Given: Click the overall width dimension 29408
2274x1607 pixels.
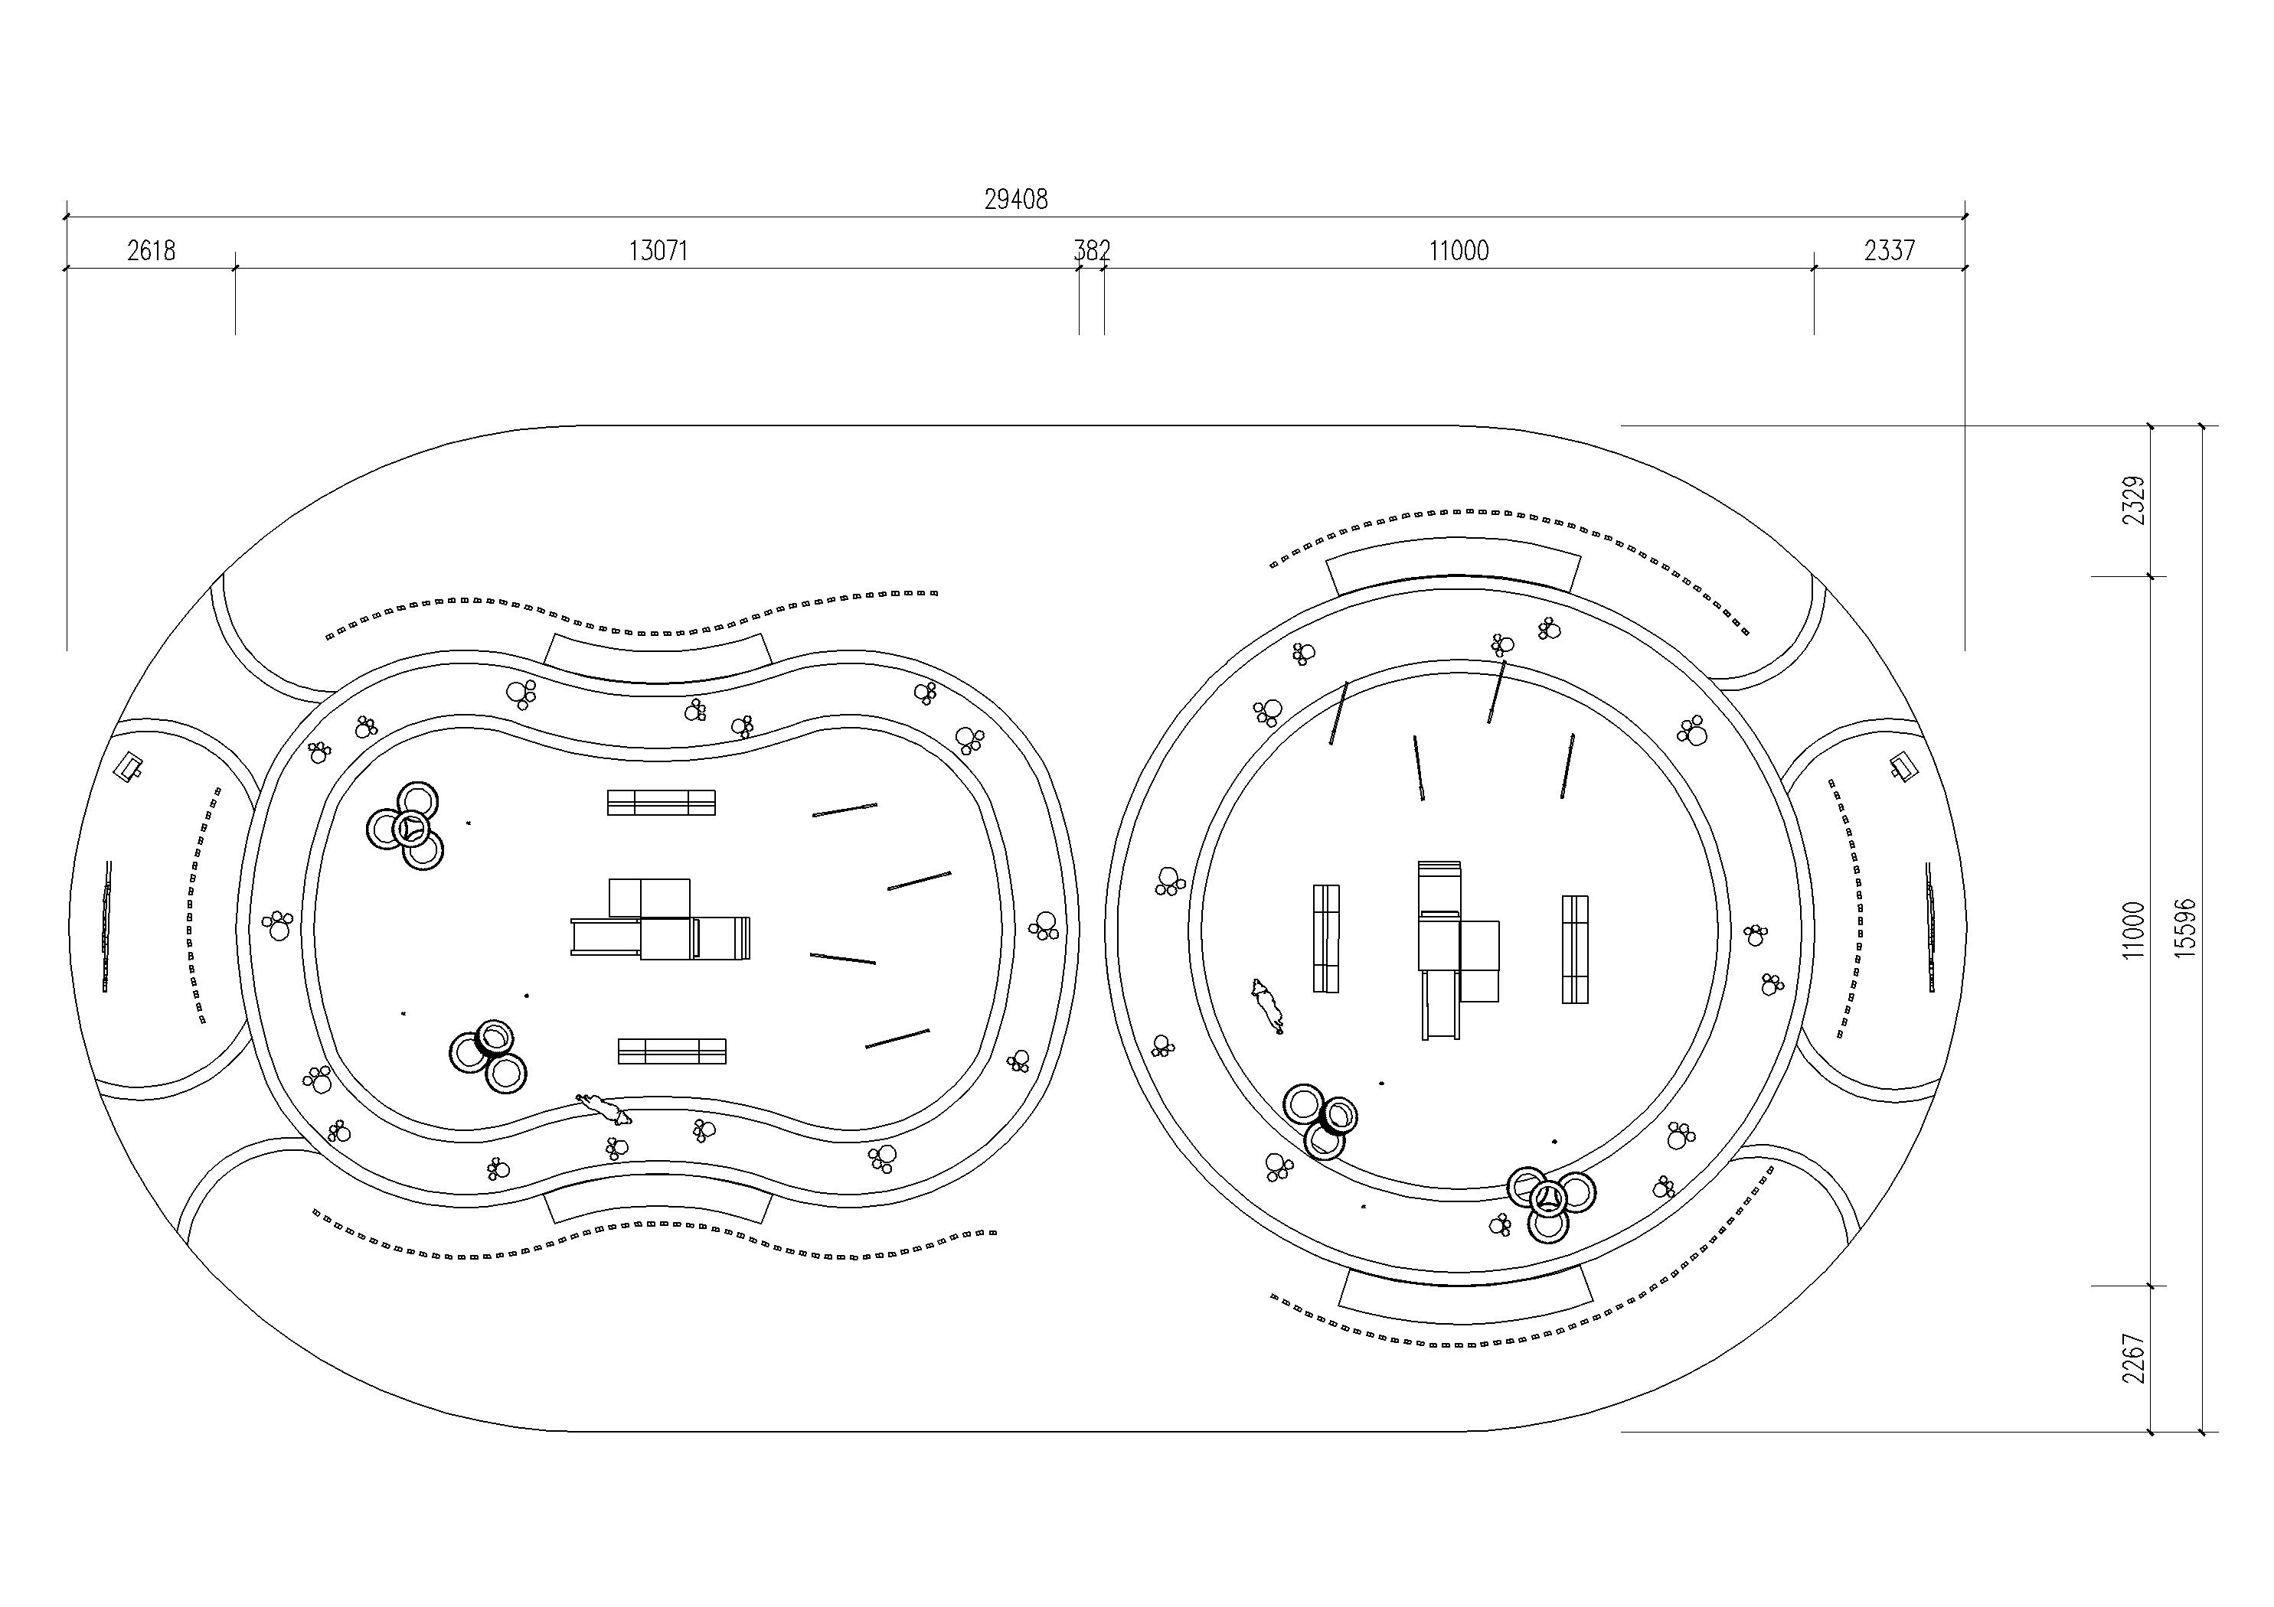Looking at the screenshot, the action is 1015,199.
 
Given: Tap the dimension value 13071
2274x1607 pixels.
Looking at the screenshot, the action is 658,250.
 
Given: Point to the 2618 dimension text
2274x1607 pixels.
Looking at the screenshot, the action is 152,250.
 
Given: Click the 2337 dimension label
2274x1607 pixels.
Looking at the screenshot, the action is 1890,250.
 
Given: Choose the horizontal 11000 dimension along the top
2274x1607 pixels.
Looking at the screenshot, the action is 1458,250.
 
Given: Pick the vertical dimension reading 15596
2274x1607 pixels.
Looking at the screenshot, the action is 2184,926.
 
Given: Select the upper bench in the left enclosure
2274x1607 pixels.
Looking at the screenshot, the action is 661,802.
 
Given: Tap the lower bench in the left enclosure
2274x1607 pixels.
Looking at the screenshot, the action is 671,1051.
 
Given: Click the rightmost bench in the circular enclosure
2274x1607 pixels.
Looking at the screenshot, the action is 1575,949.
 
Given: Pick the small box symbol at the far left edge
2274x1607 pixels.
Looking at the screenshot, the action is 129,765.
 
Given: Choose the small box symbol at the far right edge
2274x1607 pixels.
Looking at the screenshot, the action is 1902,765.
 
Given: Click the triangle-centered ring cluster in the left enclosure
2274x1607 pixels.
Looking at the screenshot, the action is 407,826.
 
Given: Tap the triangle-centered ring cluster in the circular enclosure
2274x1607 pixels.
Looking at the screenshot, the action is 1550,1202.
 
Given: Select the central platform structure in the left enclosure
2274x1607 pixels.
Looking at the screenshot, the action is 661,920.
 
